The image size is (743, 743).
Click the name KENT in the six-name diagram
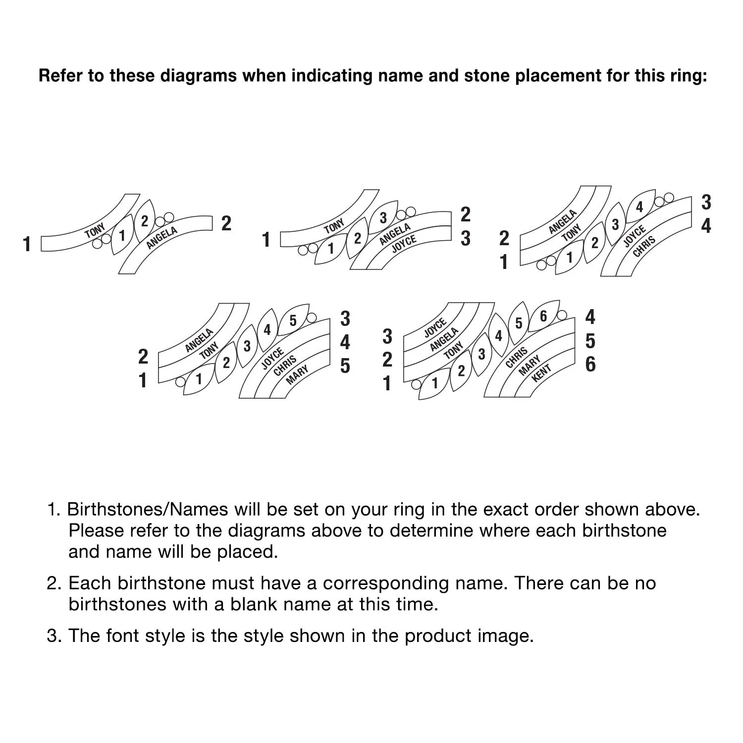pos(541,373)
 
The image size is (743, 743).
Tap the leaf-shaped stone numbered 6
pos(543,317)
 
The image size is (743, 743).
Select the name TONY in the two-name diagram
pos(95,230)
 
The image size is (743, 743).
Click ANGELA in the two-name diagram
pos(162,238)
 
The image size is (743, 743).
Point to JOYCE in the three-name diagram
pos(404,244)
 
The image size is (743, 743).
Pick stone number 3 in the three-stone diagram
pos(383,217)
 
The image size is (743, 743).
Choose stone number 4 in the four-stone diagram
pos(639,207)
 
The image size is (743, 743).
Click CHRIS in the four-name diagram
pos(644,246)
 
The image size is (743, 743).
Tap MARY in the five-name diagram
pos(297,374)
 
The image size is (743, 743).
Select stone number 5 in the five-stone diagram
pos(293,320)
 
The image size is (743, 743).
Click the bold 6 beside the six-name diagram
pos(590,365)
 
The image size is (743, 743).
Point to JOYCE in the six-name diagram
pos(435,328)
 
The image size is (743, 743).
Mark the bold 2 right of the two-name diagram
pos(226,223)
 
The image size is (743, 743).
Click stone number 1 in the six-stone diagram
pos(435,383)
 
